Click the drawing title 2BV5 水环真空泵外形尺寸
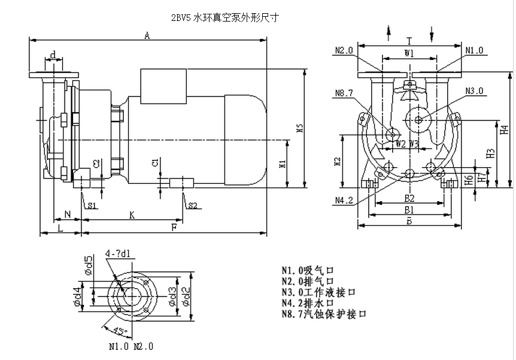[224, 18]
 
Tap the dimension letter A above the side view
[147, 35]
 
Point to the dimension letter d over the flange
[53, 56]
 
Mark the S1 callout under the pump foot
[92, 205]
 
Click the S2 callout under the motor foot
[192, 205]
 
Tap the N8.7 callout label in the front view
[344, 93]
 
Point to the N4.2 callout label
[344, 200]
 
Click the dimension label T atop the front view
[409, 41]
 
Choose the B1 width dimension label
[409, 210]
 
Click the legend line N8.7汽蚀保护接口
[323, 313]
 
